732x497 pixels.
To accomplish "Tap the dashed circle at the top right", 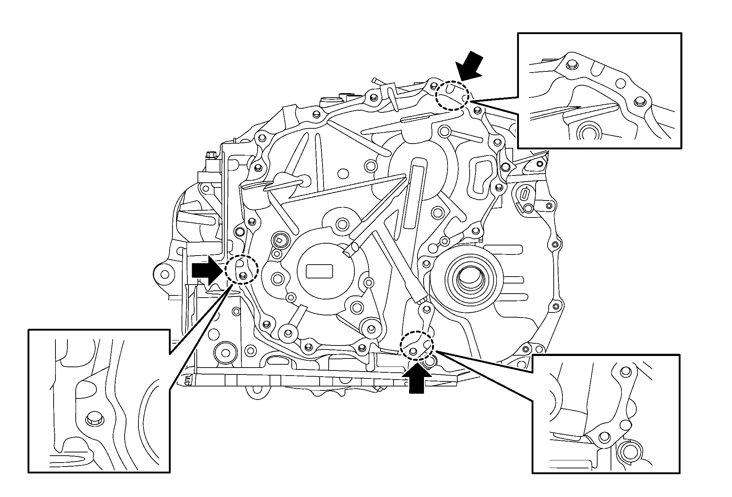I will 452,96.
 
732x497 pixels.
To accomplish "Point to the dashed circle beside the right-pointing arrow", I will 241,270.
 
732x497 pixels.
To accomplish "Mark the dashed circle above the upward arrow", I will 417,346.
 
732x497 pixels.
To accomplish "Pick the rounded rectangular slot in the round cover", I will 319,271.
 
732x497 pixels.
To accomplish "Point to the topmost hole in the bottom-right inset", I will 625,371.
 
